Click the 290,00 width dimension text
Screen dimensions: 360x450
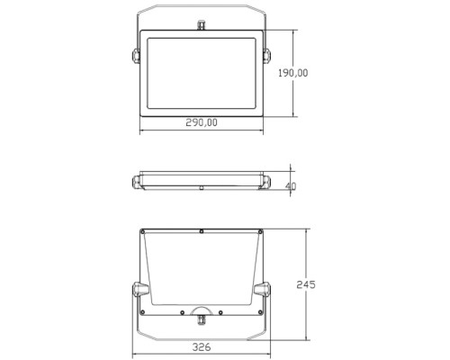pyautogui.click(x=202, y=122)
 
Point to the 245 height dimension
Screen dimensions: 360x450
pyautogui.click(x=305, y=284)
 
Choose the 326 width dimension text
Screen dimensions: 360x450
pyautogui.click(x=202, y=346)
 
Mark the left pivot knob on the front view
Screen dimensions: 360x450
pyautogui.click(x=135, y=56)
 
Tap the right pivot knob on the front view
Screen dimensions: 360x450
pyautogui.click(x=266, y=56)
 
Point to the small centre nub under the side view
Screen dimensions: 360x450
pyautogui.click(x=202, y=189)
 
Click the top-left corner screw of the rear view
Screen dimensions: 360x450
pyautogui.click(x=146, y=233)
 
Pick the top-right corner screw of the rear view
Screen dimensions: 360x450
pyautogui.click(x=258, y=233)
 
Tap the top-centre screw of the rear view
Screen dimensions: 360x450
pyautogui.click(x=202, y=232)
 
